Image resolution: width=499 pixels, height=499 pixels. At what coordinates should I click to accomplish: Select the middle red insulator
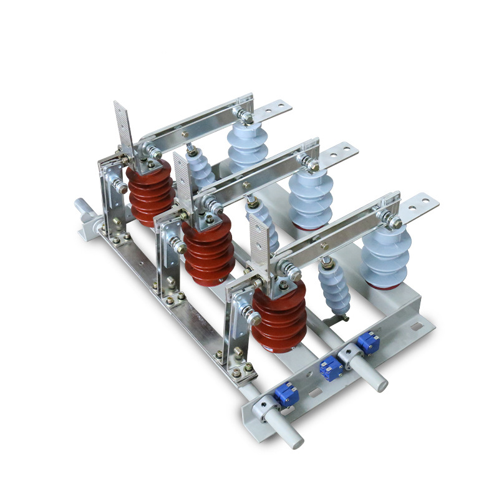click(x=209, y=249)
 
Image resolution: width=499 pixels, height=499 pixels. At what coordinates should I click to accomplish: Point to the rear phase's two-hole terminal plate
click(x=273, y=111)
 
